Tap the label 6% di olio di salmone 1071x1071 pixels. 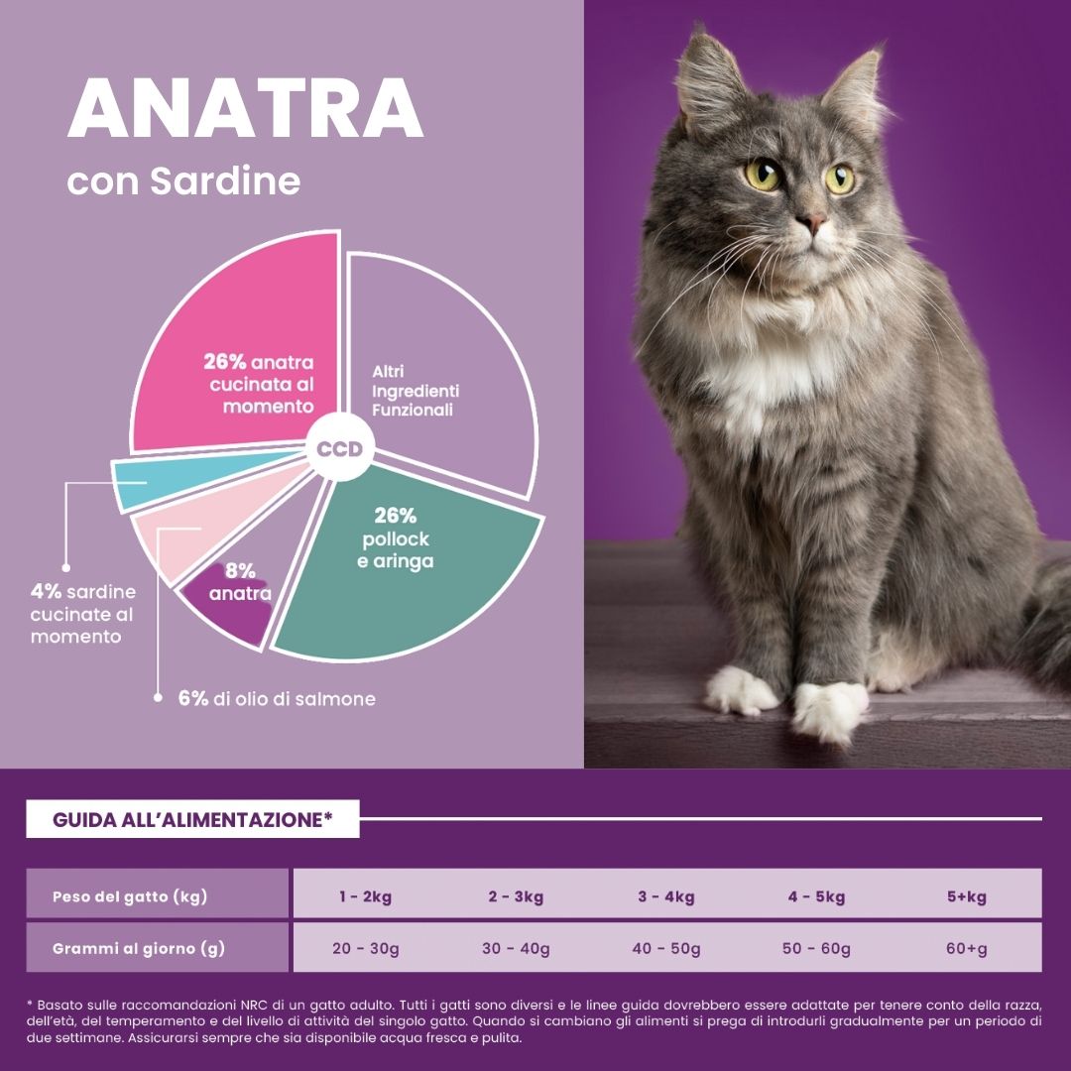(277, 699)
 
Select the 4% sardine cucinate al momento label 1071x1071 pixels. (83, 614)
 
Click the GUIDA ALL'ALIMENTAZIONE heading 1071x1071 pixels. (192, 820)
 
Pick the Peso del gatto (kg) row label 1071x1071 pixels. (130, 897)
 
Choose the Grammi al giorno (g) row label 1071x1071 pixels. (139, 949)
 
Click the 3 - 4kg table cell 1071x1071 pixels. (665, 897)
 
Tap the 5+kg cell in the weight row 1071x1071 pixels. (966, 897)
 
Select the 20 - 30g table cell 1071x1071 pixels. (366, 949)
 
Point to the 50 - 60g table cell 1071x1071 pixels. (816, 949)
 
